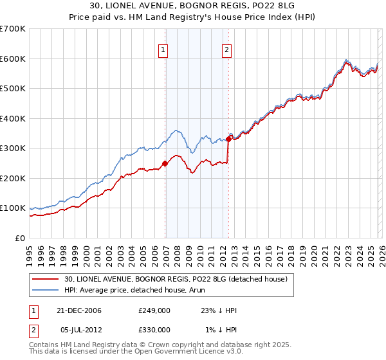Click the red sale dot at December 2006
pyautogui.click(x=165, y=163)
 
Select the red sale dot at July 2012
pyautogui.click(x=228, y=139)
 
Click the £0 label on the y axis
pyautogui.click(x=21, y=238)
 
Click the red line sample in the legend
pyautogui.click(x=46, y=278)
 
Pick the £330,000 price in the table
pyautogui.click(x=154, y=329)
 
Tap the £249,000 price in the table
pyautogui.click(x=154, y=310)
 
